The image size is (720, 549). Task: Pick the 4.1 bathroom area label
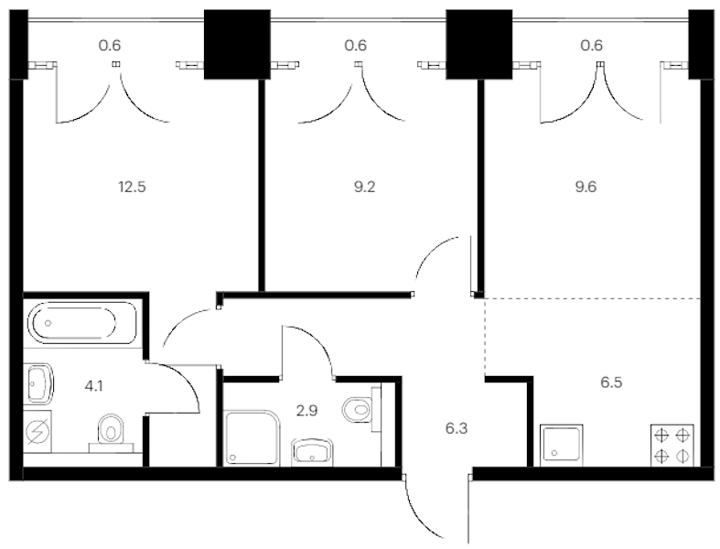click(x=94, y=386)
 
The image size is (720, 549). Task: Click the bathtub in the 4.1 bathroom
click(x=82, y=323)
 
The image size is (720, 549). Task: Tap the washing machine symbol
click(x=38, y=432)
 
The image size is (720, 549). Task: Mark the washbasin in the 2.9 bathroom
click(x=313, y=450)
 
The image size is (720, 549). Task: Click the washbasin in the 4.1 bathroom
click(x=39, y=383)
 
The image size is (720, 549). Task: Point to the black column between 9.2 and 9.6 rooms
click(x=478, y=44)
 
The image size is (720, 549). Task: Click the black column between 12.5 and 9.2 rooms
click(x=237, y=44)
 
